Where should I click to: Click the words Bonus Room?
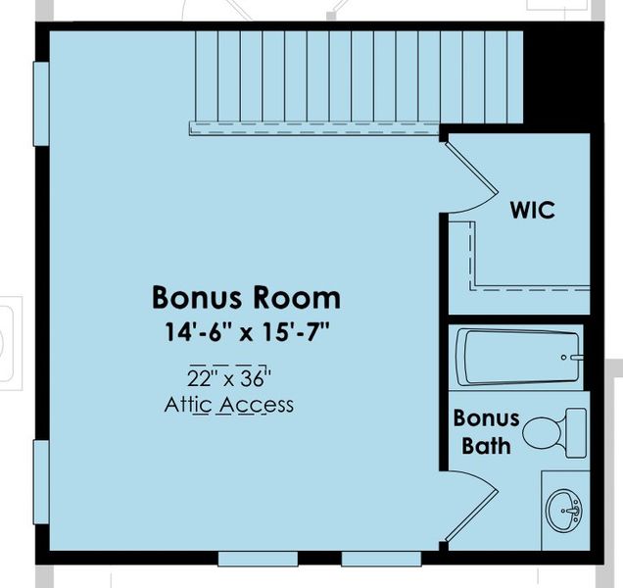point(246,296)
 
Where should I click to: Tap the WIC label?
point(533,210)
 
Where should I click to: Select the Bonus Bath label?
point(485,431)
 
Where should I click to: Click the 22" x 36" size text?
point(229,377)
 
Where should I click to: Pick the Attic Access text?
point(229,404)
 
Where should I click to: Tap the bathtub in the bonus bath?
point(519,358)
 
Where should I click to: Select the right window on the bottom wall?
point(381,559)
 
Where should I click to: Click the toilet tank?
point(575,432)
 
